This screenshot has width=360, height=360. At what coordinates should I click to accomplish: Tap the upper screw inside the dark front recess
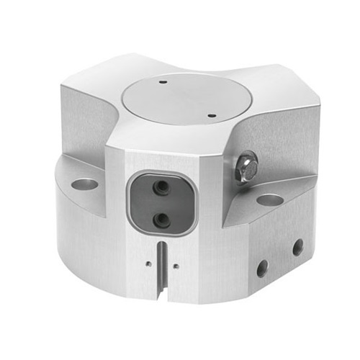click(163, 187)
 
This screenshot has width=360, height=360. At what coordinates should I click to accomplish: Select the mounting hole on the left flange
click(84, 184)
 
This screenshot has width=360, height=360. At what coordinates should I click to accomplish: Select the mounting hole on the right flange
click(269, 199)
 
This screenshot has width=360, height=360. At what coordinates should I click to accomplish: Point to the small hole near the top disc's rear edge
click(164, 82)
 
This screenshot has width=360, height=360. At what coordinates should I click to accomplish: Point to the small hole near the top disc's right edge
click(211, 112)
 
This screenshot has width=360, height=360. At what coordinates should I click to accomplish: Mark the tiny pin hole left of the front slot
click(149, 264)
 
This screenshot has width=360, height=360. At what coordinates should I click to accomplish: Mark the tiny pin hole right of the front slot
click(176, 265)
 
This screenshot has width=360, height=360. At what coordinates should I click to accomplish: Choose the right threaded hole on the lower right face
click(297, 248)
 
